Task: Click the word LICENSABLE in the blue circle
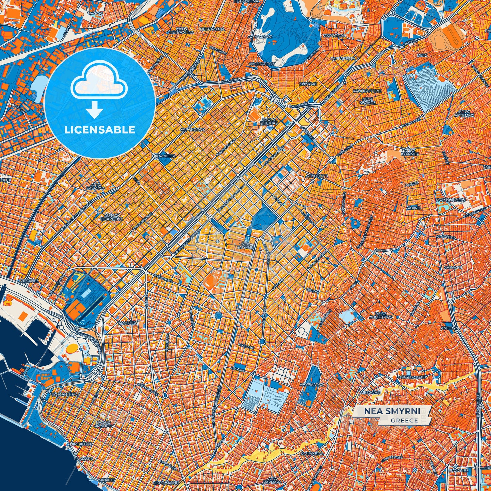(100, 130)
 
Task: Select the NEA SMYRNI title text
(392, 411)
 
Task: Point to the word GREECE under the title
(404, 420)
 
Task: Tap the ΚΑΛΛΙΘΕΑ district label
(165, 156)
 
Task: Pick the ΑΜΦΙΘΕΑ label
(127, 323)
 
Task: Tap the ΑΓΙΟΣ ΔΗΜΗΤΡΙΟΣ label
(381, 315)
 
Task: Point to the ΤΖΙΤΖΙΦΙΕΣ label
(28, 281)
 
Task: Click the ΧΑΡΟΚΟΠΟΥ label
(192, 130)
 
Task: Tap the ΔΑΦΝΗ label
(413, 207)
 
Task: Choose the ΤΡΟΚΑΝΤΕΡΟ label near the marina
(64, 394)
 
